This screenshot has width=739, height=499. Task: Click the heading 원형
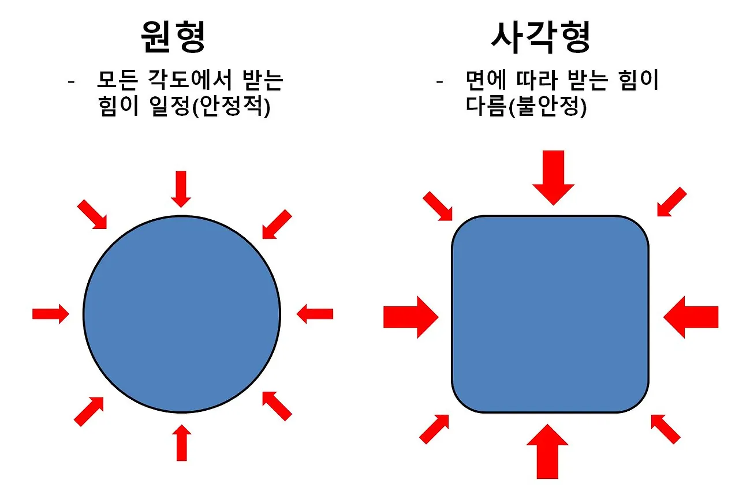pos(174,38)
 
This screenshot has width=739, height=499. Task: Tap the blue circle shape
pos(182,314)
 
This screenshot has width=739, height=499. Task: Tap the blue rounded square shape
pos(550,314)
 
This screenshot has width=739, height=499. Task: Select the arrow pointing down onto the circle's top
pos(181,189)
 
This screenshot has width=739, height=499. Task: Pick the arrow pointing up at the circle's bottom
pos(182,442)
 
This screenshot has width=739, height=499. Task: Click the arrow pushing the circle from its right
pos(315,314)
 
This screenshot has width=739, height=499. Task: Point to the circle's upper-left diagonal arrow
pos(92,214)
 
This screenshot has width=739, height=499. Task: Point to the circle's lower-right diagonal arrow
pos(277,406)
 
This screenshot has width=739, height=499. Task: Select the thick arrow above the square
pos(553,177)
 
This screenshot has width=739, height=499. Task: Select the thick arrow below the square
pos(547,451)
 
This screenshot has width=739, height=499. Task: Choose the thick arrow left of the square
pos(410,317)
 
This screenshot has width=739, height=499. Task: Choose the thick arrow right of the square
pos(691,317)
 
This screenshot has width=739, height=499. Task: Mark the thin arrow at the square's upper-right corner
pos(672,202)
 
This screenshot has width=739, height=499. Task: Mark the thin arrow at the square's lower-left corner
pos(434,429)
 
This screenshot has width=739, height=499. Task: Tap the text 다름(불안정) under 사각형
pos(526,108)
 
